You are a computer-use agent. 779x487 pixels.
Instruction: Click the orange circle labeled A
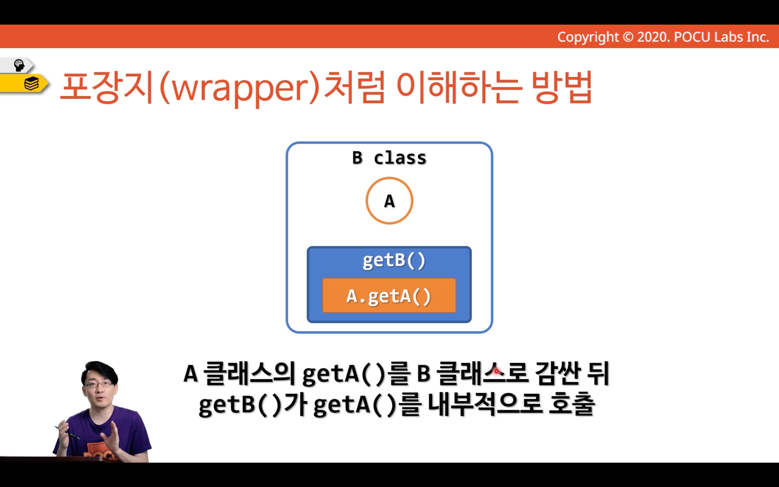click(389, 178)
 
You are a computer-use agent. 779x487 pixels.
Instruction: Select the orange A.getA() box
click(389, 295)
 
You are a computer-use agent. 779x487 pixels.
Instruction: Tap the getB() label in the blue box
click(394, 261)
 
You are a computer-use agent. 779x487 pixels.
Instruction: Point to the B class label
click(389, 158)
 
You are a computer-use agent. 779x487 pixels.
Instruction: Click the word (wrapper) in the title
click(240, 87)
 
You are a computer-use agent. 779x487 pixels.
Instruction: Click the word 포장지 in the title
click(107, 87)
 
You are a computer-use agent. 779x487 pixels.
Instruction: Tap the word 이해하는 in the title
click(459, 87)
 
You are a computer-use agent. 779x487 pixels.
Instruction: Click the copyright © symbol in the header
click(628, 37)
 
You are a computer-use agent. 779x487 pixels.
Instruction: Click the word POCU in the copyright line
click(692, 37)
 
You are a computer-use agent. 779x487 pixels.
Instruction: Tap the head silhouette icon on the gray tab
click(19, 65)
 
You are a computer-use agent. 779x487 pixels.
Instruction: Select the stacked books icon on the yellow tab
click(31, 83)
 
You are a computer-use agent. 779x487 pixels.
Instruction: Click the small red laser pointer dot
click(496, 372)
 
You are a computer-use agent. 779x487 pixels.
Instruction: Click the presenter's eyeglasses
click(99, 384)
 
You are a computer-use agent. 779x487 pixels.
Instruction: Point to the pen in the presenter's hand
click(67, 433)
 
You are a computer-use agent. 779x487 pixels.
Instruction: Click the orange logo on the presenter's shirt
click(101, 452)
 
